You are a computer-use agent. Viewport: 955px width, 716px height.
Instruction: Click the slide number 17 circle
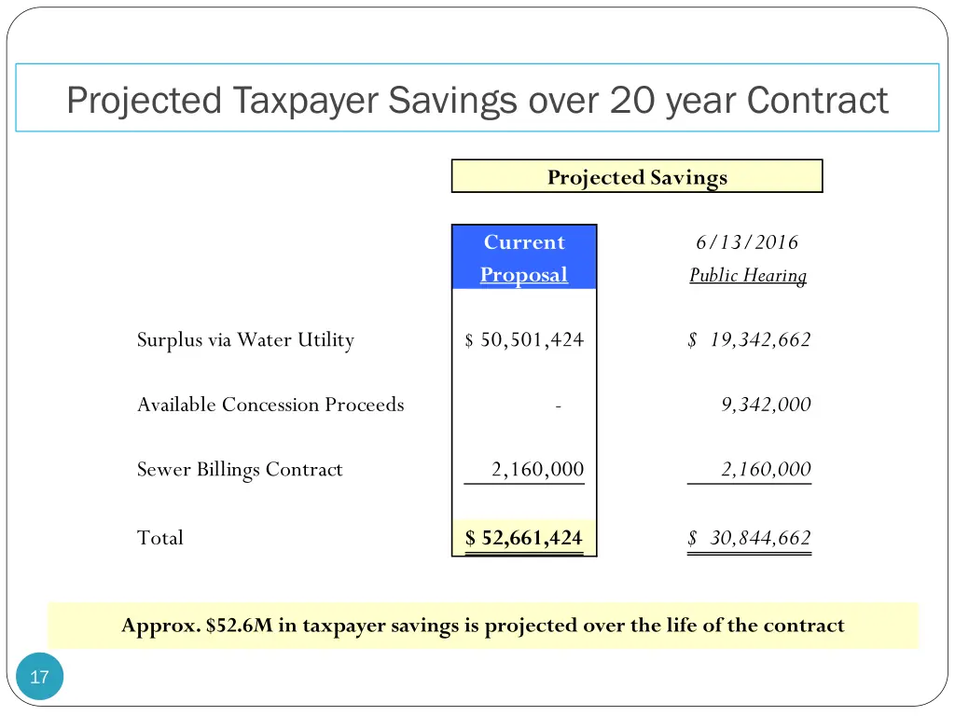(39, 677)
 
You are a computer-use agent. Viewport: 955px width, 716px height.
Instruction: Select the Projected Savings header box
(637, 176)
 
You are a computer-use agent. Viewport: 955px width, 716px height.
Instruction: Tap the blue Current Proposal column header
(524, 257)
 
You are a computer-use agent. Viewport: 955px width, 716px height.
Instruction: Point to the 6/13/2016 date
(747, 242)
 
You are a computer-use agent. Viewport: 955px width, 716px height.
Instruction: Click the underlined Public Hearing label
(748, 275)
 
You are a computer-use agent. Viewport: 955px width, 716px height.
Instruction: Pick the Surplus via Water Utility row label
(245, 340)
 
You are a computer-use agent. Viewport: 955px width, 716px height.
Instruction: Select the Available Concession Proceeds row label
(270, 405)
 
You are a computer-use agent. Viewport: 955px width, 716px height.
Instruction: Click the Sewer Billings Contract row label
(240, 470)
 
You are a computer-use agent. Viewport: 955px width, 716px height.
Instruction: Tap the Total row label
(160, 538)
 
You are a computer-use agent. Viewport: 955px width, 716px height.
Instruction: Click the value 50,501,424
(532, 340)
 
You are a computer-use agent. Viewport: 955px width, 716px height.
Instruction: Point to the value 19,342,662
(759, 340)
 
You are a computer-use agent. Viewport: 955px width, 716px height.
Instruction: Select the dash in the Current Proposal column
(557, 406)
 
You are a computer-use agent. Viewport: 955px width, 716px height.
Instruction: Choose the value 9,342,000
(766, 405)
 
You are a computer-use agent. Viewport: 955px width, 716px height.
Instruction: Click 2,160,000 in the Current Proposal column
(537, 470)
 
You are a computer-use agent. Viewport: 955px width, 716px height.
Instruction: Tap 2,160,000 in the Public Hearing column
(766, 470)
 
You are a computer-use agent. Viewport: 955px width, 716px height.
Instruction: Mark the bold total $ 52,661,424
(524, 538)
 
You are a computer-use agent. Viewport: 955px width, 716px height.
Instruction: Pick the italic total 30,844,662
(759, 538)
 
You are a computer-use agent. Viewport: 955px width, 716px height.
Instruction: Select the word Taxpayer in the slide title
(307, 100)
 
